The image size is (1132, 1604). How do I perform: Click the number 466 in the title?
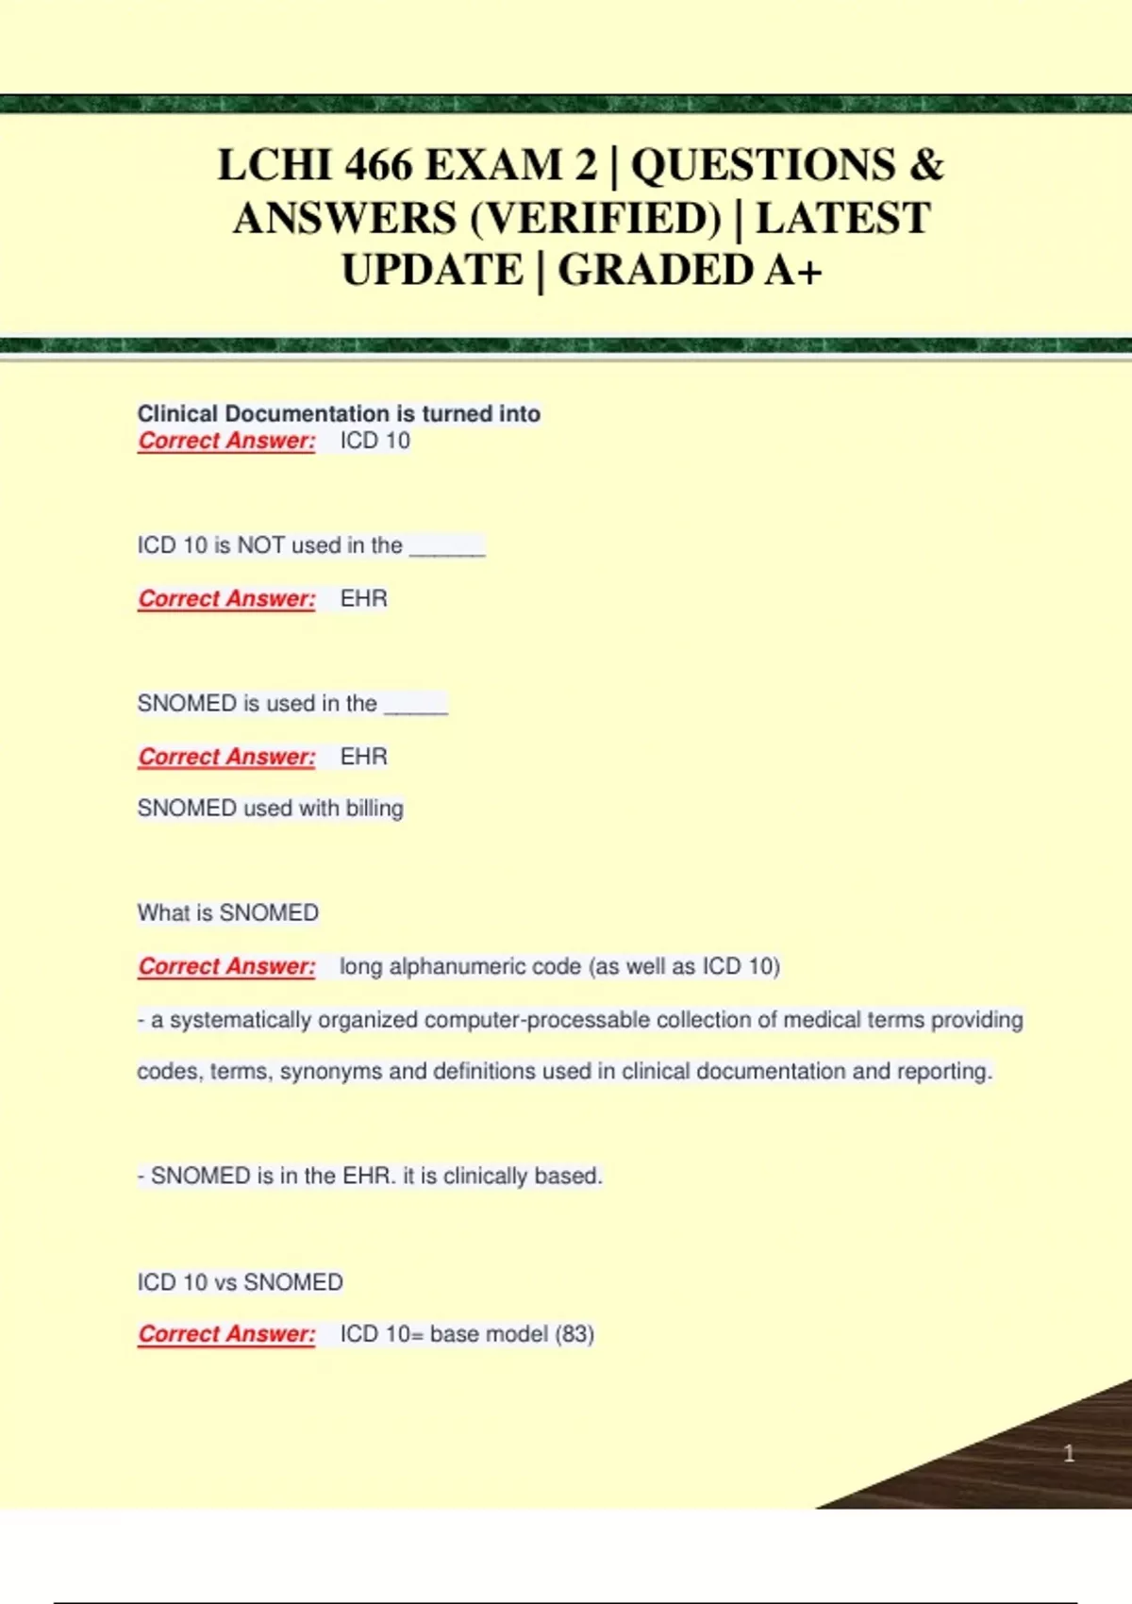(378, 166)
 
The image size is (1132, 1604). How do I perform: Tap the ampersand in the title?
(926, 166)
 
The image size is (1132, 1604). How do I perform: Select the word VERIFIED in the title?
(594, 219)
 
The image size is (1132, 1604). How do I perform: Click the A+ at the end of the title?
(793, 271)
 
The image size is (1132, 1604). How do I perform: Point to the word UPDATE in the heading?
(432, 271)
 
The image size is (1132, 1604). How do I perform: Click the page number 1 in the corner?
(1069, 1453)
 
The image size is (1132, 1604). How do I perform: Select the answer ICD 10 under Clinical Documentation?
(375, 441)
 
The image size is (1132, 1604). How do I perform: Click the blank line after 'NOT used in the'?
(447, 548)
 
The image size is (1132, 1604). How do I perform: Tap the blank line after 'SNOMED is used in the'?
(415, 707)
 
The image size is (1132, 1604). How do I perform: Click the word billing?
(375, 809)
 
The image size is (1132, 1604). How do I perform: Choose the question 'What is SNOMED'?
(227, 912)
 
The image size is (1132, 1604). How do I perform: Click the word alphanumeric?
(485, 966)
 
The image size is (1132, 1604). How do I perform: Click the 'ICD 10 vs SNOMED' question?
(240, 1282)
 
